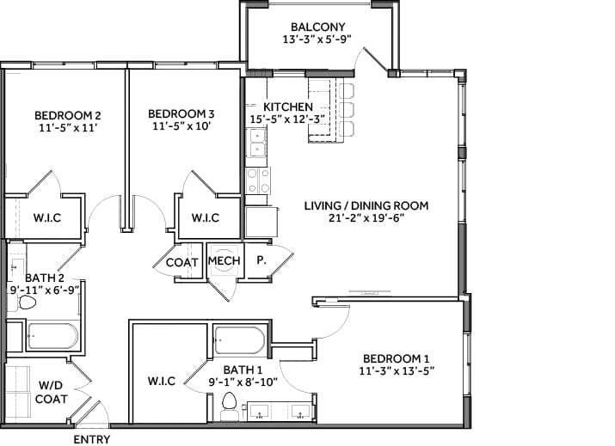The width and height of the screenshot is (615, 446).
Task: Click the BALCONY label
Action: pos(318,26)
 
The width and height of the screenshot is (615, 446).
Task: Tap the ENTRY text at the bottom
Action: pos(91,439)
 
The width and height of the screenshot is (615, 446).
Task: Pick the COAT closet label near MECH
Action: pos(183,263)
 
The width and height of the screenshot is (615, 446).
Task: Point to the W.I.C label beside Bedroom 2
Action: pos(46,217)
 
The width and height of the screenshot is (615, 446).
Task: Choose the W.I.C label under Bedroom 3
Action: pos(205,217)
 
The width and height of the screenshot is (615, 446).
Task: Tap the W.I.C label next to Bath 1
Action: pos(162,381)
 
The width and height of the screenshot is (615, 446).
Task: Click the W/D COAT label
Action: pos(51,392)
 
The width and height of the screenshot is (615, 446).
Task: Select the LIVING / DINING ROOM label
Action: pos(366,205)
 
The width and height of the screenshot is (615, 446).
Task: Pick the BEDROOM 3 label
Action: pos(181,113)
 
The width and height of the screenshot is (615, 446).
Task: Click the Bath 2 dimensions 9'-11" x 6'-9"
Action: pos(45,291)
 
